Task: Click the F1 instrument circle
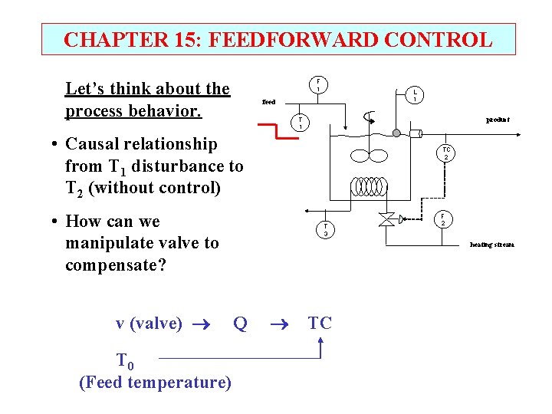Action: [x=318, y=85]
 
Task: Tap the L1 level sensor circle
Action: [x=415, y=94]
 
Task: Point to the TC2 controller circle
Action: [x=445, y=153]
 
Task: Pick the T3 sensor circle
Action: [x=326, y=229]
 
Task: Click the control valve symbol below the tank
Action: [x=386, y=220]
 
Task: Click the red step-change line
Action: [x=275, y=130]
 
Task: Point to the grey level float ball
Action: [x=396, y=133]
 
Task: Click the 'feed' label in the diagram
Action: [x=268, y=101]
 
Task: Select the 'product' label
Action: [x=498, y=120]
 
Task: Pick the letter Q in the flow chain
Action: [x=240, y=324]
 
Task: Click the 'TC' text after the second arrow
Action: [x=320, y=323]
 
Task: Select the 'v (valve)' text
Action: [x=149, y=324]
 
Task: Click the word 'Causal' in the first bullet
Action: [x=96, y=144]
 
